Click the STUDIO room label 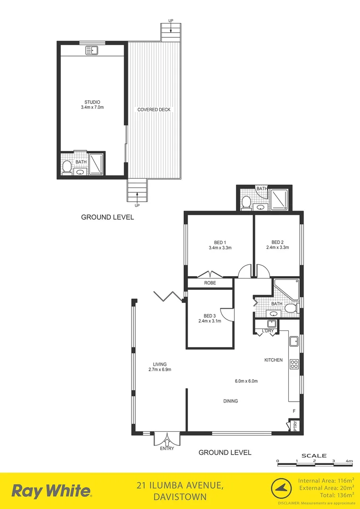tap(92, 102)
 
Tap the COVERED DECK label tap(154, 110)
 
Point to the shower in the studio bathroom tap(96, 164)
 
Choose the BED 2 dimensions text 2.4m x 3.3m tap(277, 247)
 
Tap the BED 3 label tap(210, 315)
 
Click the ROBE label tap(210, 283)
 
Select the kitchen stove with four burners tap(294, 364)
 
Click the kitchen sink tap(293, 341)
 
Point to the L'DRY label tap(268, 331)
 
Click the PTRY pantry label tap(295, 426)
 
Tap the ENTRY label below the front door tap(166, 448)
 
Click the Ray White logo tap(51, 491)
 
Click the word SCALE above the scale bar tap(314, 456)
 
